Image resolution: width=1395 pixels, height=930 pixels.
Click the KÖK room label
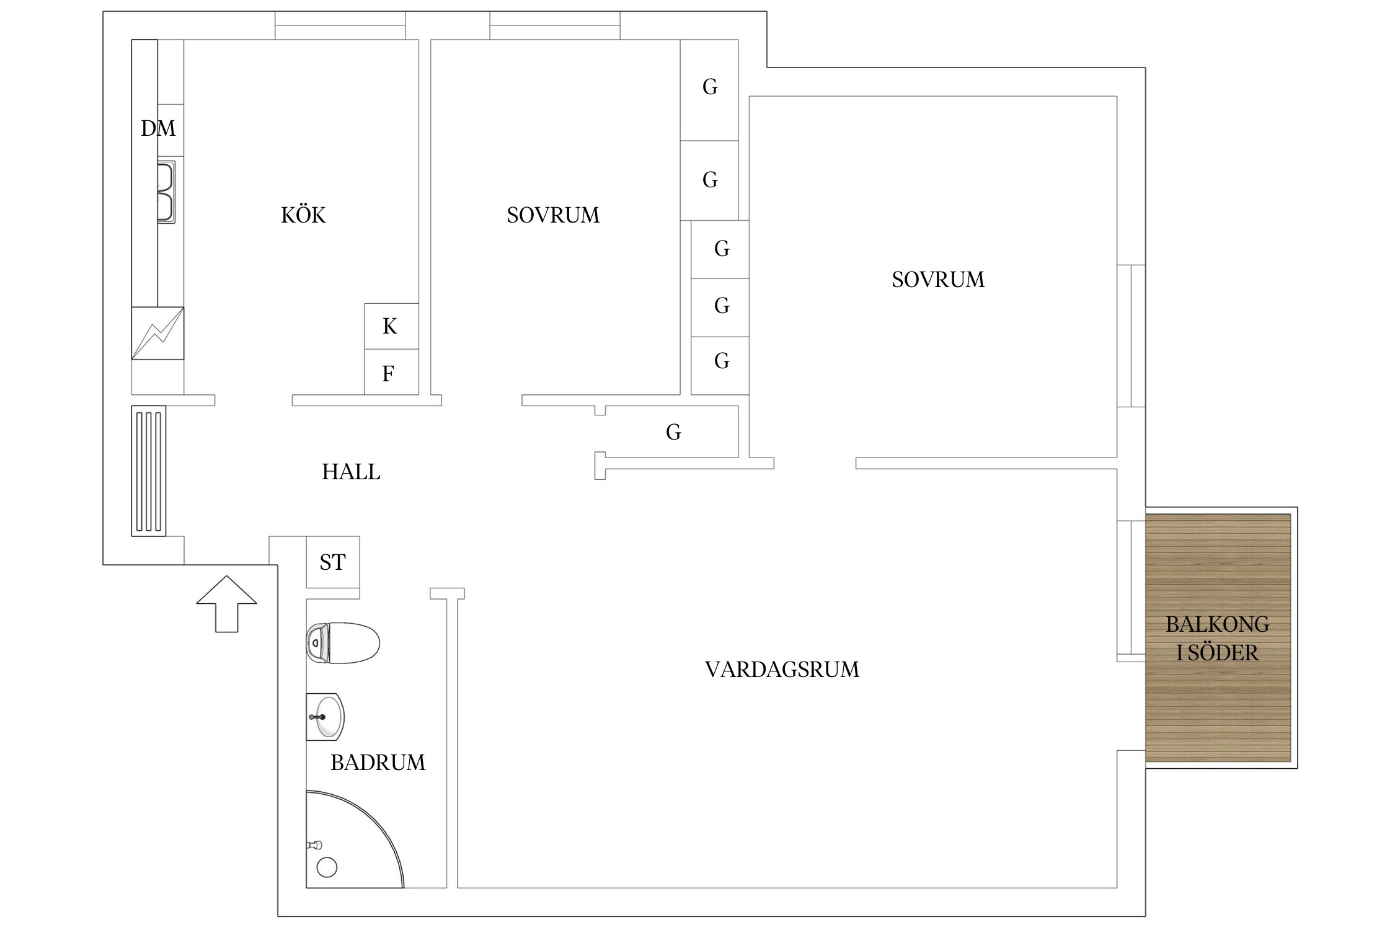(x=303, y=215)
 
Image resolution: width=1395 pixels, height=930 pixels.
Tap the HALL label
(x=351, y=472)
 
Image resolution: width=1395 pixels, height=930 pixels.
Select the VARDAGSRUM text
(x=782, y=670)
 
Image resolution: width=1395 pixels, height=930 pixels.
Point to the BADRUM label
(x=378, y=763)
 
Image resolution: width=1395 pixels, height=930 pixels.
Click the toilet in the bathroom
(x=343, y=643)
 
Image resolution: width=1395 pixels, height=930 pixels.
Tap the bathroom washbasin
(x=325, y=717)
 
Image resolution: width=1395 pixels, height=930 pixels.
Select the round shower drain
(x=327, y=867)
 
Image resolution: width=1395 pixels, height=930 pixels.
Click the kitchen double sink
(x=166, y=192)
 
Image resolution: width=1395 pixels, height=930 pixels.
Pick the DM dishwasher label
(x=158, y=128)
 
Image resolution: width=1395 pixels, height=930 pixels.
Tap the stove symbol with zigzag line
(x=157, y=333)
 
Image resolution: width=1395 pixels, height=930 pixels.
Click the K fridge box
(x=391, y=326)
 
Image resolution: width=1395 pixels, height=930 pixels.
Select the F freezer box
(x=391, y=372)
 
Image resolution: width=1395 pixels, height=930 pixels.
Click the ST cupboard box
(x=333, y=562)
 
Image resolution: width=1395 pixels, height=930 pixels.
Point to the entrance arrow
(x=226, y=604)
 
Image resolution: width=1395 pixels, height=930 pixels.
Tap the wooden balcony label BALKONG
(x=1217, y=624)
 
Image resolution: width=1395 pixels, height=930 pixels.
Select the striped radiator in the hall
(x=148, y=471)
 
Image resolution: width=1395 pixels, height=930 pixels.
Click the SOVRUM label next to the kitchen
(x=553, y=215)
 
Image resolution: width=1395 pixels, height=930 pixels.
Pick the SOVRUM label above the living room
(x=938, y=280)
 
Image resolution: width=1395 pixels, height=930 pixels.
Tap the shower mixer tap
(x=314, y=844)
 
